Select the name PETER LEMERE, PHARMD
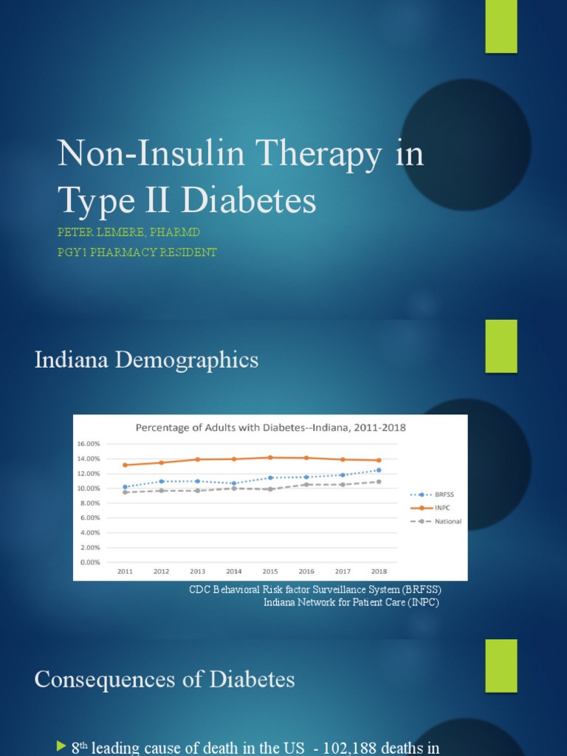click(129, 233)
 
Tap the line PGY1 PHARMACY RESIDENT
click(137, 252)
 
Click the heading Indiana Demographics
click(146, 360)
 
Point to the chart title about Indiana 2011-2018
click(269, 427)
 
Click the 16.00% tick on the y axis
click(88, 444)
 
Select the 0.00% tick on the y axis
click(89, 563)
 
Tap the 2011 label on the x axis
click(126, 571)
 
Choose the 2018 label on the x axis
click(379, 571)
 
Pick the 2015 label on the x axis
click(270, 571)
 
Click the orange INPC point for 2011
click(126, 465)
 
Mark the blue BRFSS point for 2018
click(379, 470)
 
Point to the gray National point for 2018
click(379, 482)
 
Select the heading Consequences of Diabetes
click(165, 680)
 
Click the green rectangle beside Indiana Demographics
click(501, 346)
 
